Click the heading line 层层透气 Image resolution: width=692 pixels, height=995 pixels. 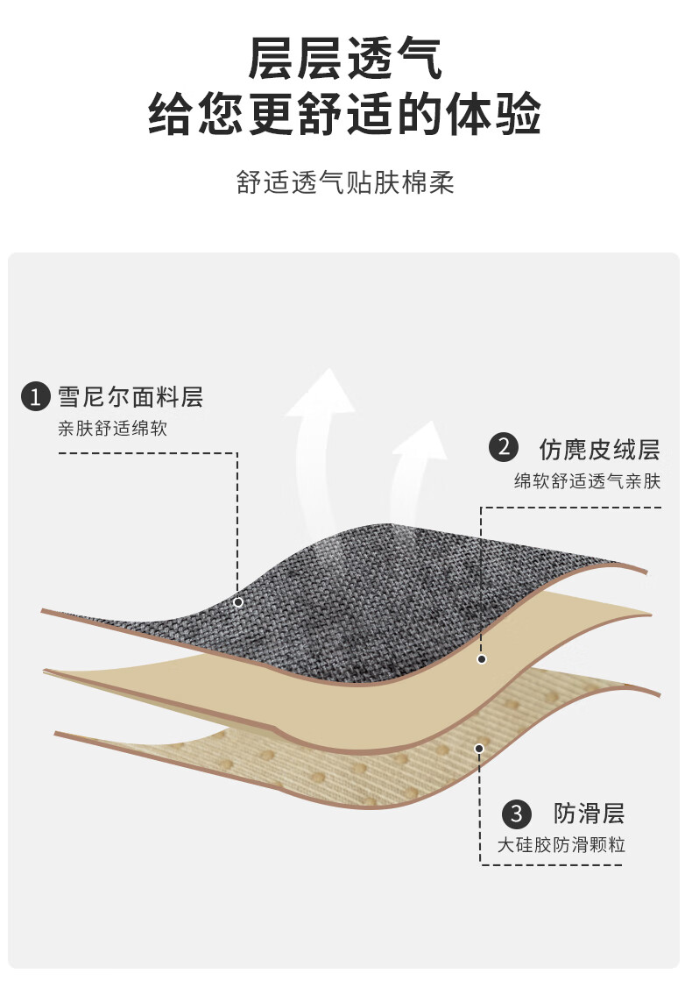pos(345,59)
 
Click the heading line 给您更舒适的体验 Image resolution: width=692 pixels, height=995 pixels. pos(345,114)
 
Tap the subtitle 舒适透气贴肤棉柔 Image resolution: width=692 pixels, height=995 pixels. pos(345,182)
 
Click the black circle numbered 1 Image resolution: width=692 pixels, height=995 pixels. pos(36,397)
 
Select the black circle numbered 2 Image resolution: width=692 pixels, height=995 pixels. pos(504,447)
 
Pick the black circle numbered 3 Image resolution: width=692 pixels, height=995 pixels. pos(517,814)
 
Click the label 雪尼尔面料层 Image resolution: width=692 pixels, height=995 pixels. pos(130,396)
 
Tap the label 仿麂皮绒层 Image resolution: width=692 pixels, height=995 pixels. pos(600,449)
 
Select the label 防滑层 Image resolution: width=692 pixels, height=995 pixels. pos(590,814)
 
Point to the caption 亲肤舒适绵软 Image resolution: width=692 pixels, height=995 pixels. pos(113,429)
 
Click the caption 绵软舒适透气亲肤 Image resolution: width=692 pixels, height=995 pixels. pos(588,481)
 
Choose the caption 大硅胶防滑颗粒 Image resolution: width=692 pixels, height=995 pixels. pos(561,845)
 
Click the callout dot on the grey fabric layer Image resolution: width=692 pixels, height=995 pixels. pos(238,602)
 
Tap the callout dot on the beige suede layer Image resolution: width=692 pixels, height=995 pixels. pos(482,659)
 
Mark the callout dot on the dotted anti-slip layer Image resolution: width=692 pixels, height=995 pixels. pos(479,749)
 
